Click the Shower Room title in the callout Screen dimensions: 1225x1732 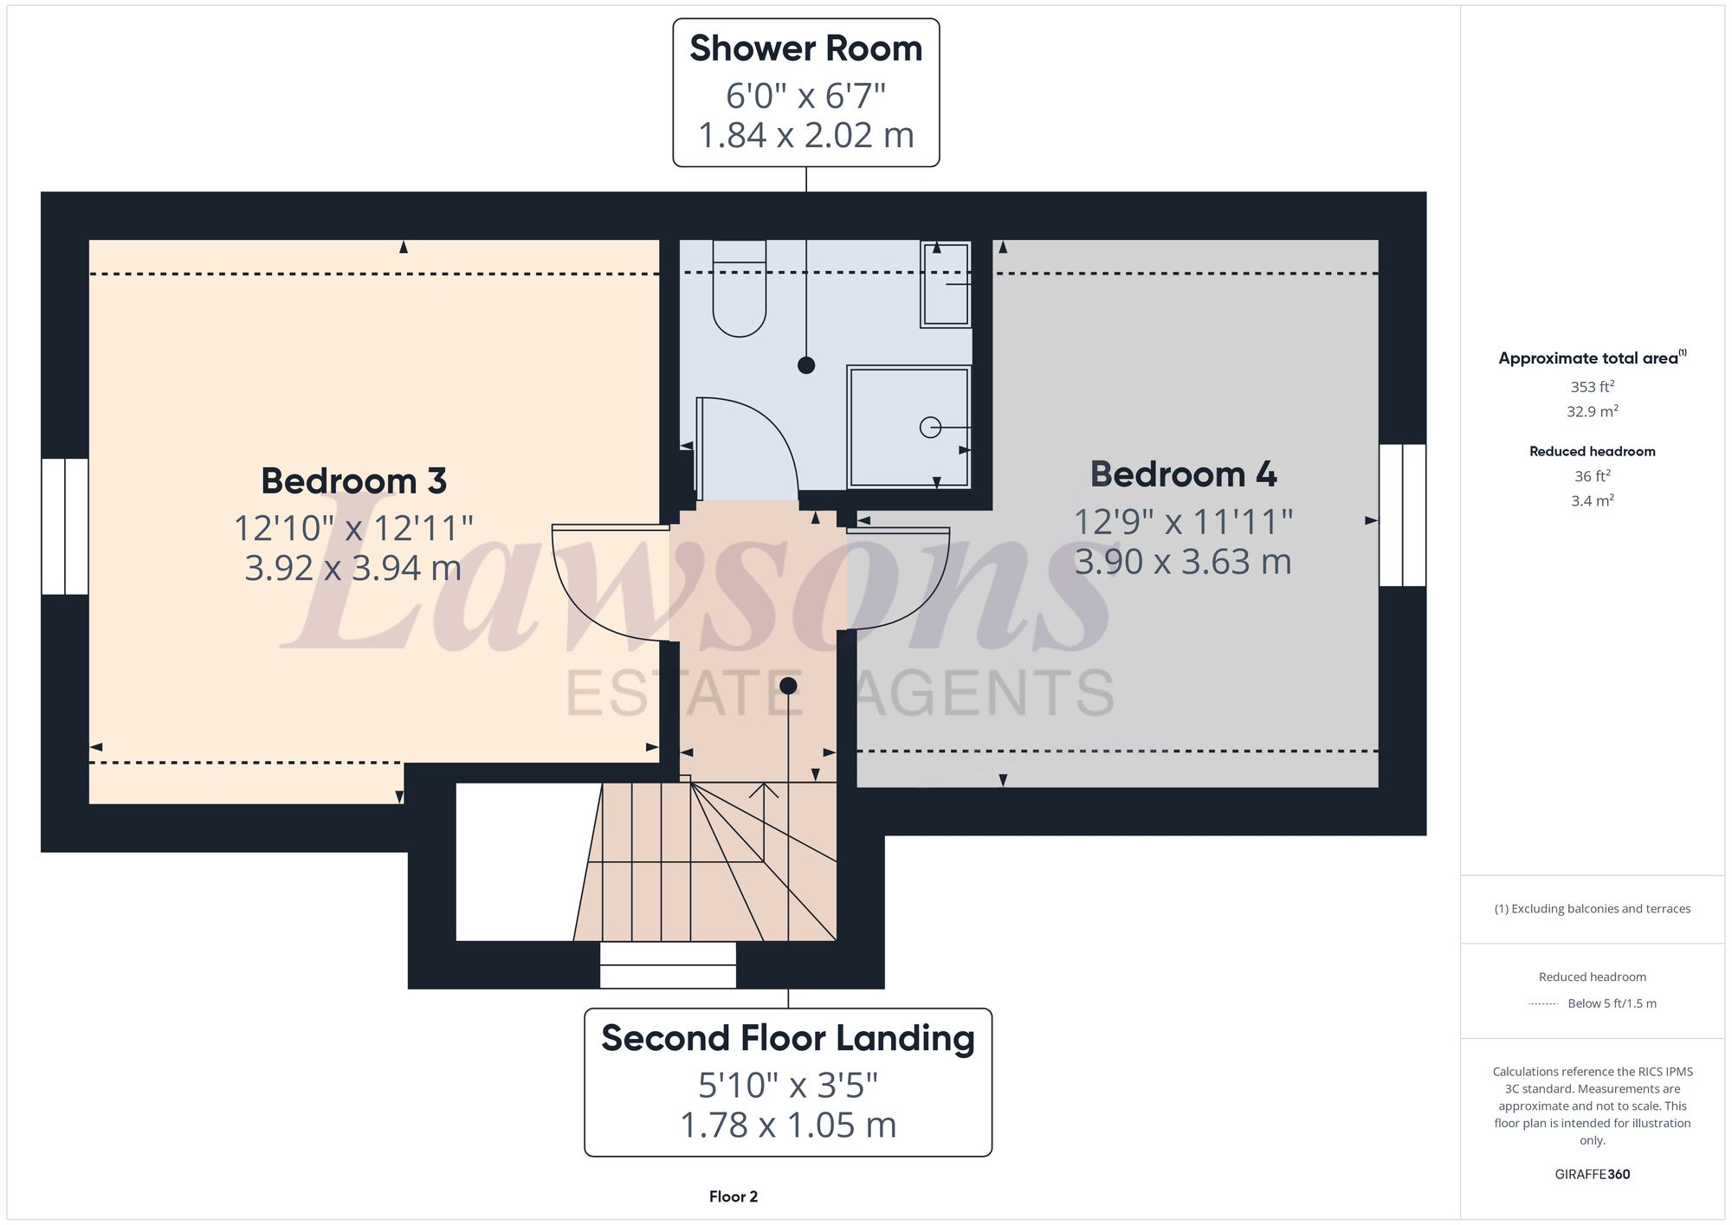(x=805, y=48)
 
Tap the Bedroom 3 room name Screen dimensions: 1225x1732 (x=353, y=480)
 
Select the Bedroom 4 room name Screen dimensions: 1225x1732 (x=1183, y=474)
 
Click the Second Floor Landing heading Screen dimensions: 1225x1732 (x=787, y=1038)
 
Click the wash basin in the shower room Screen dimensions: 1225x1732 (x=946, y=284)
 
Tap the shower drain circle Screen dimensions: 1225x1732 (x=930, y=427)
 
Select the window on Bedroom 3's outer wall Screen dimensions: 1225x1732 (x=65, y=526)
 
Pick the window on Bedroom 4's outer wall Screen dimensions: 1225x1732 (x=1402, y=515)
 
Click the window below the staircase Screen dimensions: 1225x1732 (x=668, y=964)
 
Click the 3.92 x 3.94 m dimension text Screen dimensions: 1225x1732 (x=353, y=568)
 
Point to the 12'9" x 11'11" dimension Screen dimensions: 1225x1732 (x=1183, y=522)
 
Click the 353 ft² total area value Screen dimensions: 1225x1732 (x=1592, y=386)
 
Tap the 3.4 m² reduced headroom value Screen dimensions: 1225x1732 (x=1592, y=500)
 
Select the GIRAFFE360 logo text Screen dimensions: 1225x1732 (x=1592, y=1174)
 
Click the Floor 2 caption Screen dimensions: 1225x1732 (x=733, y=1196)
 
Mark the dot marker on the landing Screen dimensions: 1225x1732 (x=788, y=686)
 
